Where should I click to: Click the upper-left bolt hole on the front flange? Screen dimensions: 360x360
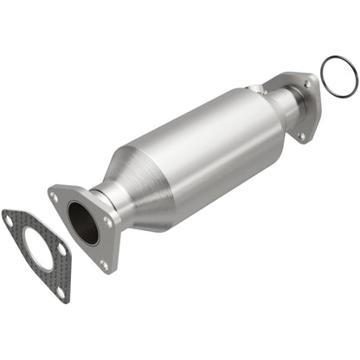pos(56,197)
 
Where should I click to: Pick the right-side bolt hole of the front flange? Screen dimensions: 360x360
pos(107,222)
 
